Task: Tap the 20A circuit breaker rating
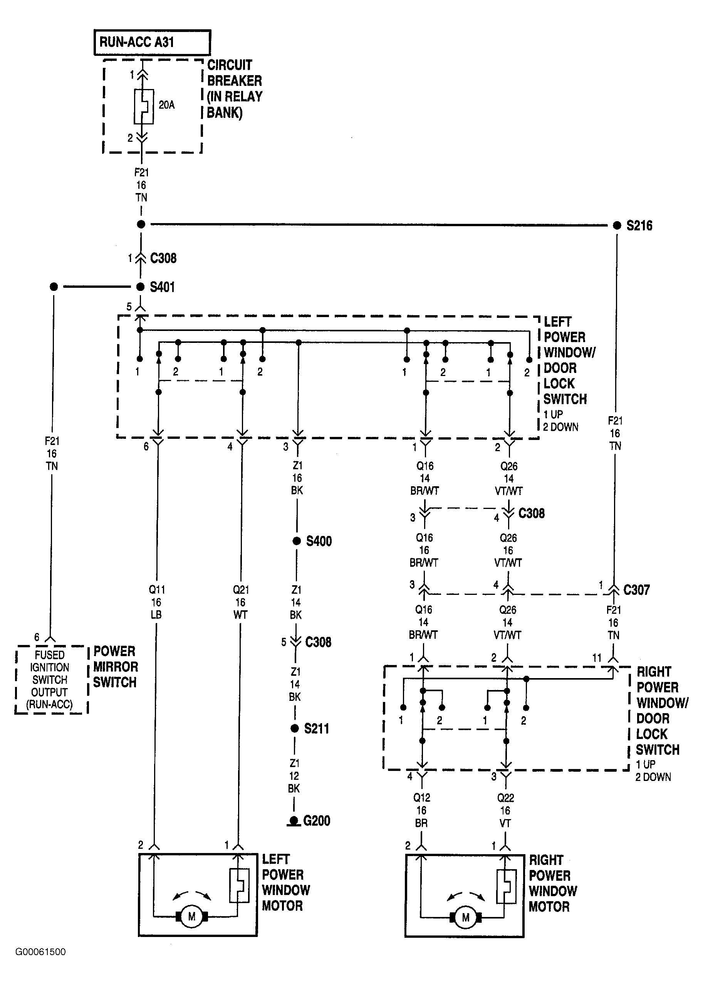point(167,105)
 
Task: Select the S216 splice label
point(639,225)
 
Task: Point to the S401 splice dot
point(140,287)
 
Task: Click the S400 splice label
point(319,541)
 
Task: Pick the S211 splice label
point(316,729)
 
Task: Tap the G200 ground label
point(316,821)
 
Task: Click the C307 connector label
point(636,589)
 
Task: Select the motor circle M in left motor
point(192,917)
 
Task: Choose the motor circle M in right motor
point(466,917)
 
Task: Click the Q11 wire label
point(156,589)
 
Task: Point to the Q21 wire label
point(241,589)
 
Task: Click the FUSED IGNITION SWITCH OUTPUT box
point(50,679)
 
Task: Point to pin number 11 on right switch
point(597,658)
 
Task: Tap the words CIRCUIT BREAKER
point(234,73)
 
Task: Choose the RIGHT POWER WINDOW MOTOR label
point(552,883)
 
